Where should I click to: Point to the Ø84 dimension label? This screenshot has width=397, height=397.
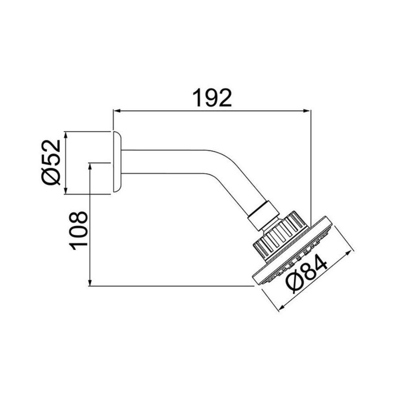(x=306, y=275)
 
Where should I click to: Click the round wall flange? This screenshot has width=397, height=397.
(x=117, y=162)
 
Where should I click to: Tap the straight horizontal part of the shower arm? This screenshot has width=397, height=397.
(x=164, y=162)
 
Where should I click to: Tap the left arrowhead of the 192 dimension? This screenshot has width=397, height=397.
(x=117, y=112)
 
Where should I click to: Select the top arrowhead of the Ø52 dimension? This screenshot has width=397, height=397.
(x=66, y=134)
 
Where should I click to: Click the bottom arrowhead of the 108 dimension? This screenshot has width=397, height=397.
(x=90, y=282)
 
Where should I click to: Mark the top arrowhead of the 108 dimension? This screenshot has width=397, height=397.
(x=90, y=165)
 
